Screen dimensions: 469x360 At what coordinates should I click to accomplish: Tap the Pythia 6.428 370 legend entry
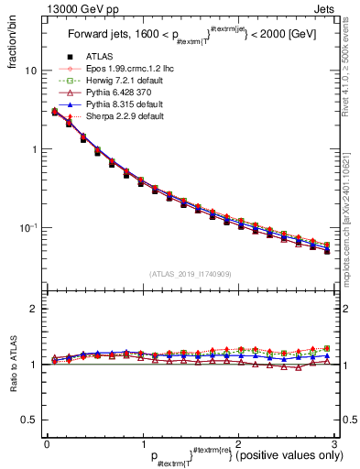click(x=107, y=93)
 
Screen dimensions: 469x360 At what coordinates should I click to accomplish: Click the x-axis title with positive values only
click(x=238, y=455)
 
